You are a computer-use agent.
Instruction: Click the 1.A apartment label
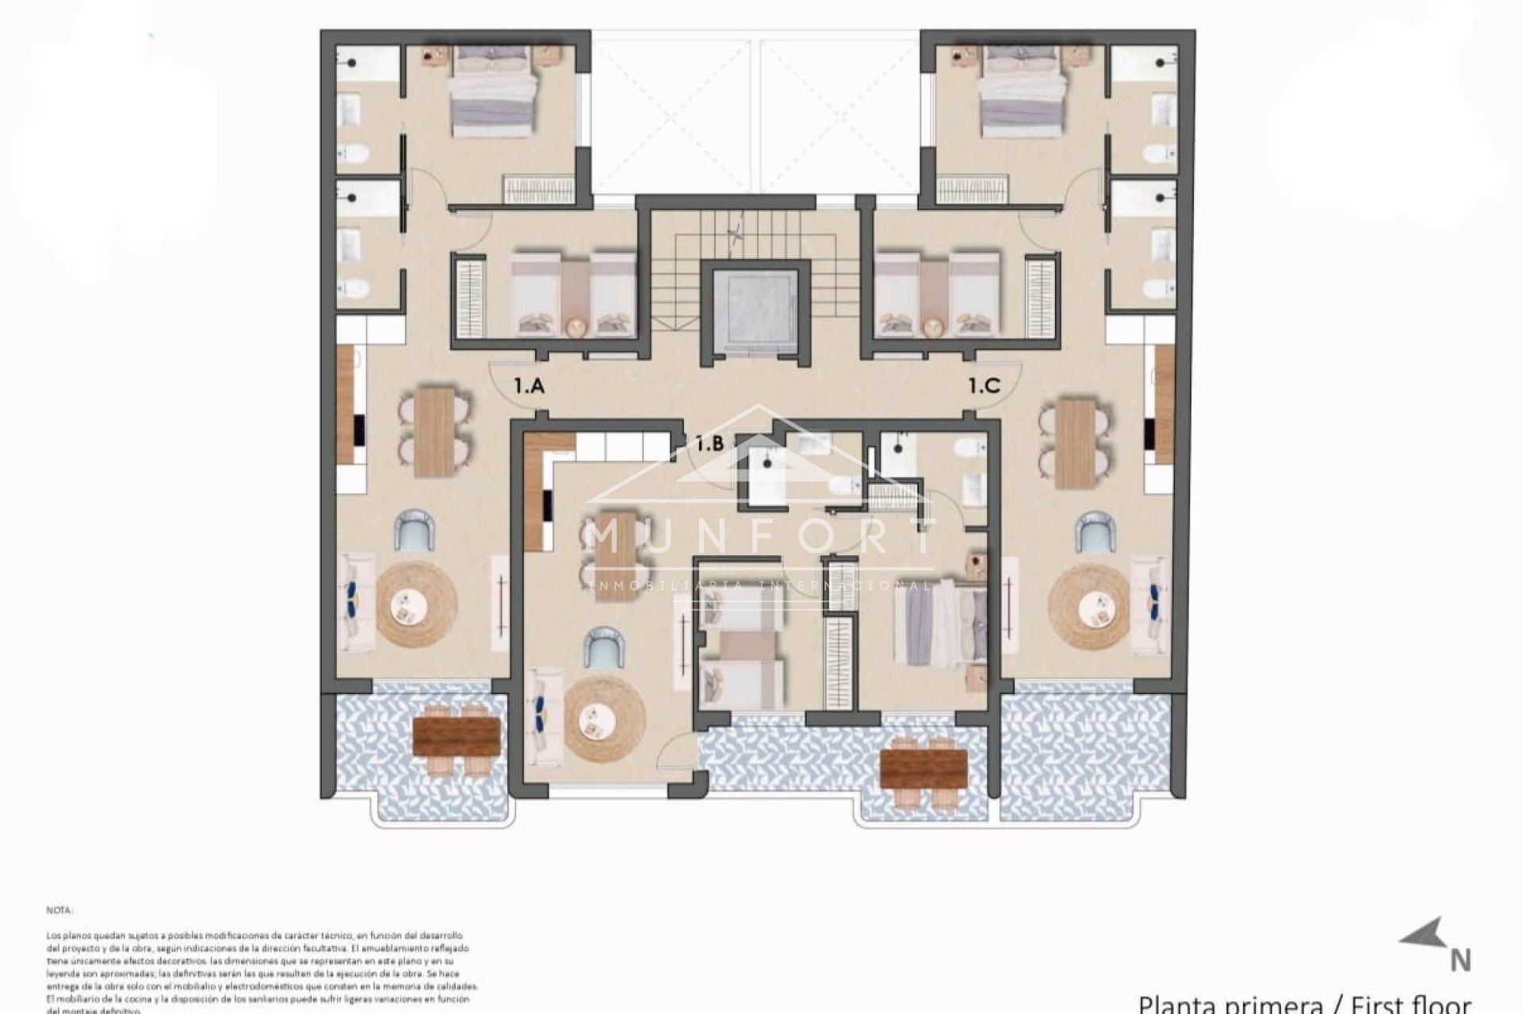(x=529, y=387)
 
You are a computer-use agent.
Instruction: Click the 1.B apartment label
(x=709, y=444)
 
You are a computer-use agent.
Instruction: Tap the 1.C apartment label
(x=985, y=387)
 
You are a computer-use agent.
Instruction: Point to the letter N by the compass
(x=1460, y=960)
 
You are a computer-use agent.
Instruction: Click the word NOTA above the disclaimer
(x=59, y=911)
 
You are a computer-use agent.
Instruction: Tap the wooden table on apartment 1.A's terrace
(x=457, y=737)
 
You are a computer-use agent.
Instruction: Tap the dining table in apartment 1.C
(x=1076, y=444)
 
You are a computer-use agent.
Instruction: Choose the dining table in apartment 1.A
(x=434, y=432)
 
